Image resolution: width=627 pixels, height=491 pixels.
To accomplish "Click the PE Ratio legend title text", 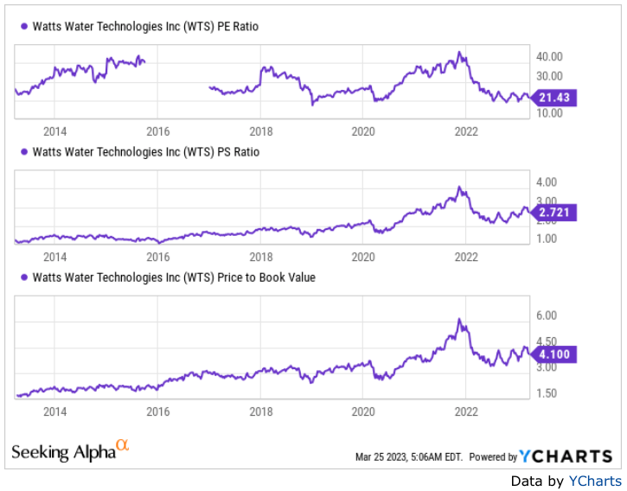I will tap(145, 27).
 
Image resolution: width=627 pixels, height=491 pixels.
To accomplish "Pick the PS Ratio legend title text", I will tap(145, 152).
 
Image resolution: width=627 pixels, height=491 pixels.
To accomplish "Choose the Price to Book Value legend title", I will tap(174, 277).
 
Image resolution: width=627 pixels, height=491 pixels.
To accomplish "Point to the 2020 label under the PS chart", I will tap(363, 257).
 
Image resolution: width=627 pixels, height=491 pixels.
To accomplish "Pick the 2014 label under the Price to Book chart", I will tap(54, 412).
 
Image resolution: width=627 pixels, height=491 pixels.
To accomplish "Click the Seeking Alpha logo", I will tap(70, 450).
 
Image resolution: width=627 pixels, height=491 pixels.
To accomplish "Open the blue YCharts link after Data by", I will tap(594, 481).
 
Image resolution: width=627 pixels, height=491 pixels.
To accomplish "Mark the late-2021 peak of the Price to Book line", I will tap(460, 320).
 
